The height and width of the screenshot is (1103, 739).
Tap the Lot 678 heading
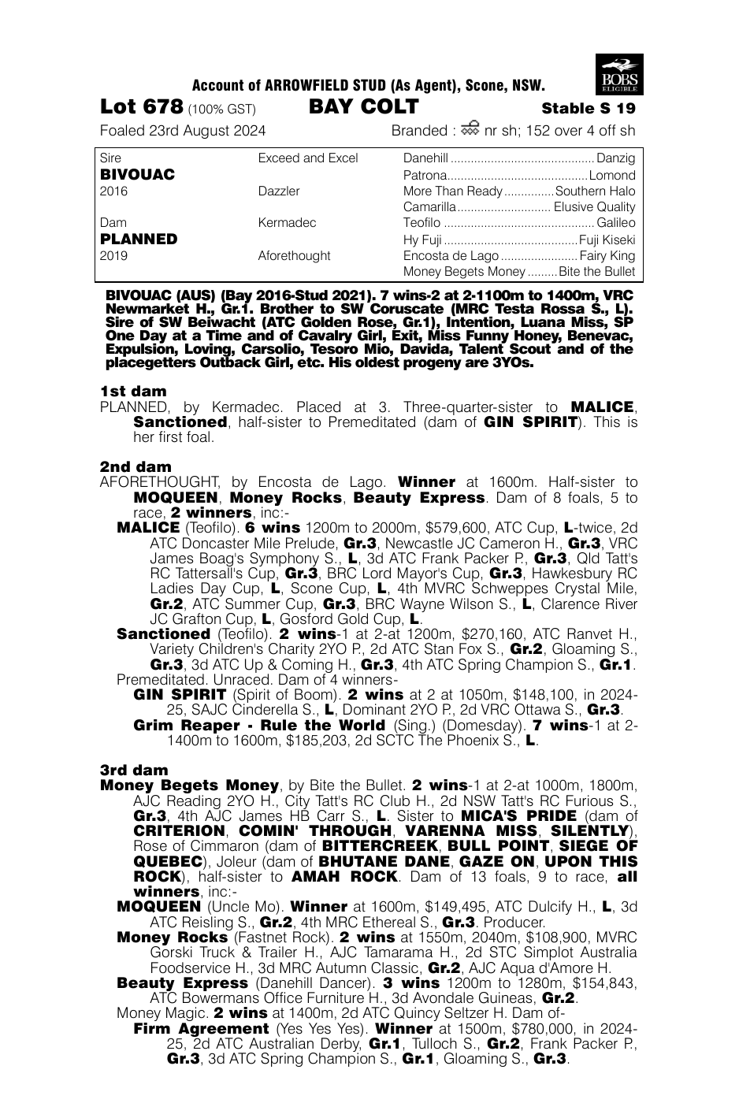(142, 107)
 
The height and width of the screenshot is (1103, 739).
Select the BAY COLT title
(363, 107)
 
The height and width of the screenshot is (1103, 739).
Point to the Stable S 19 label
(588, 109)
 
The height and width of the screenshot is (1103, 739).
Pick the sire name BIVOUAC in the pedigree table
(138, 175)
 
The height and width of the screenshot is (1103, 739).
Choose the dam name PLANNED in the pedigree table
(139, 240)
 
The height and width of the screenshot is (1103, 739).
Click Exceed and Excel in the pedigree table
(308, 158)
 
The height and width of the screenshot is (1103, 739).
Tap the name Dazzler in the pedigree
(279, 191)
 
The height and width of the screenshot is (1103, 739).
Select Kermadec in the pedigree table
(287, 223)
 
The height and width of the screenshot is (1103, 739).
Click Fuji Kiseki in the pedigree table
(607, 240)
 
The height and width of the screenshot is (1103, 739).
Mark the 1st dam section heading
(133, 392)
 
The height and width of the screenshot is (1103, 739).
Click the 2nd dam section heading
(136, 467)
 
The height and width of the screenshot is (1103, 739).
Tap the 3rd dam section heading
(134, 771)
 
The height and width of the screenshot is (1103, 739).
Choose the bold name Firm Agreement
(201, 1029)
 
